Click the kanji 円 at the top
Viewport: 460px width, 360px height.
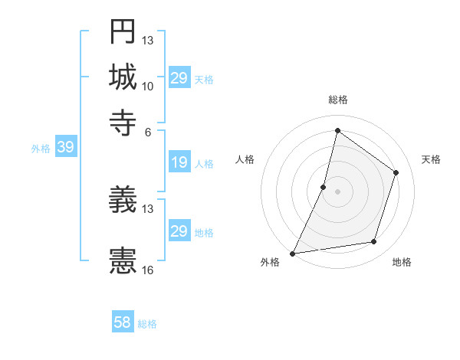click(123, 32)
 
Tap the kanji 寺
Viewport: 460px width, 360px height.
click(123, 120)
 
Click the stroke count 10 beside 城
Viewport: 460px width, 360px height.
click(148, 86)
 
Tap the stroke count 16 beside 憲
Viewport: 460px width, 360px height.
click(148, 270)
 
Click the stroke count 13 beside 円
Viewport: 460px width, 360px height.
click(148, 41)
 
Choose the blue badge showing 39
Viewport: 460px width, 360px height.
click(65, 148)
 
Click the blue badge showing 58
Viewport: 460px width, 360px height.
click(123, 322)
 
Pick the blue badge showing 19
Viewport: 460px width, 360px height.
click(179, 162)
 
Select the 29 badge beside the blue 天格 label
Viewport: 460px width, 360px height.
click(179, 78)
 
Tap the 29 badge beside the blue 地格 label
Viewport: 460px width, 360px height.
click(179, 231)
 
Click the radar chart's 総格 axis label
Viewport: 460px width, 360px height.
click(338, 100)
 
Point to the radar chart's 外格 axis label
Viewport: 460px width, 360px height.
click(270, 263)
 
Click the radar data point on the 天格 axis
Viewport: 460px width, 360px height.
click(396, 172)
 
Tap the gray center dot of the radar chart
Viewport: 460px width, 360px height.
click(337, 191)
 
